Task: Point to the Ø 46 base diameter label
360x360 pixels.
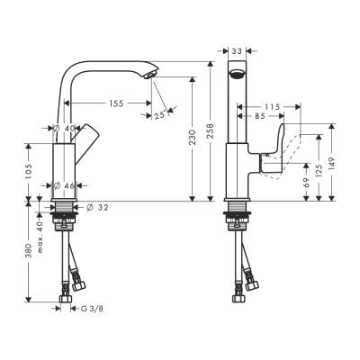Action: [x=62, y=186]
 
